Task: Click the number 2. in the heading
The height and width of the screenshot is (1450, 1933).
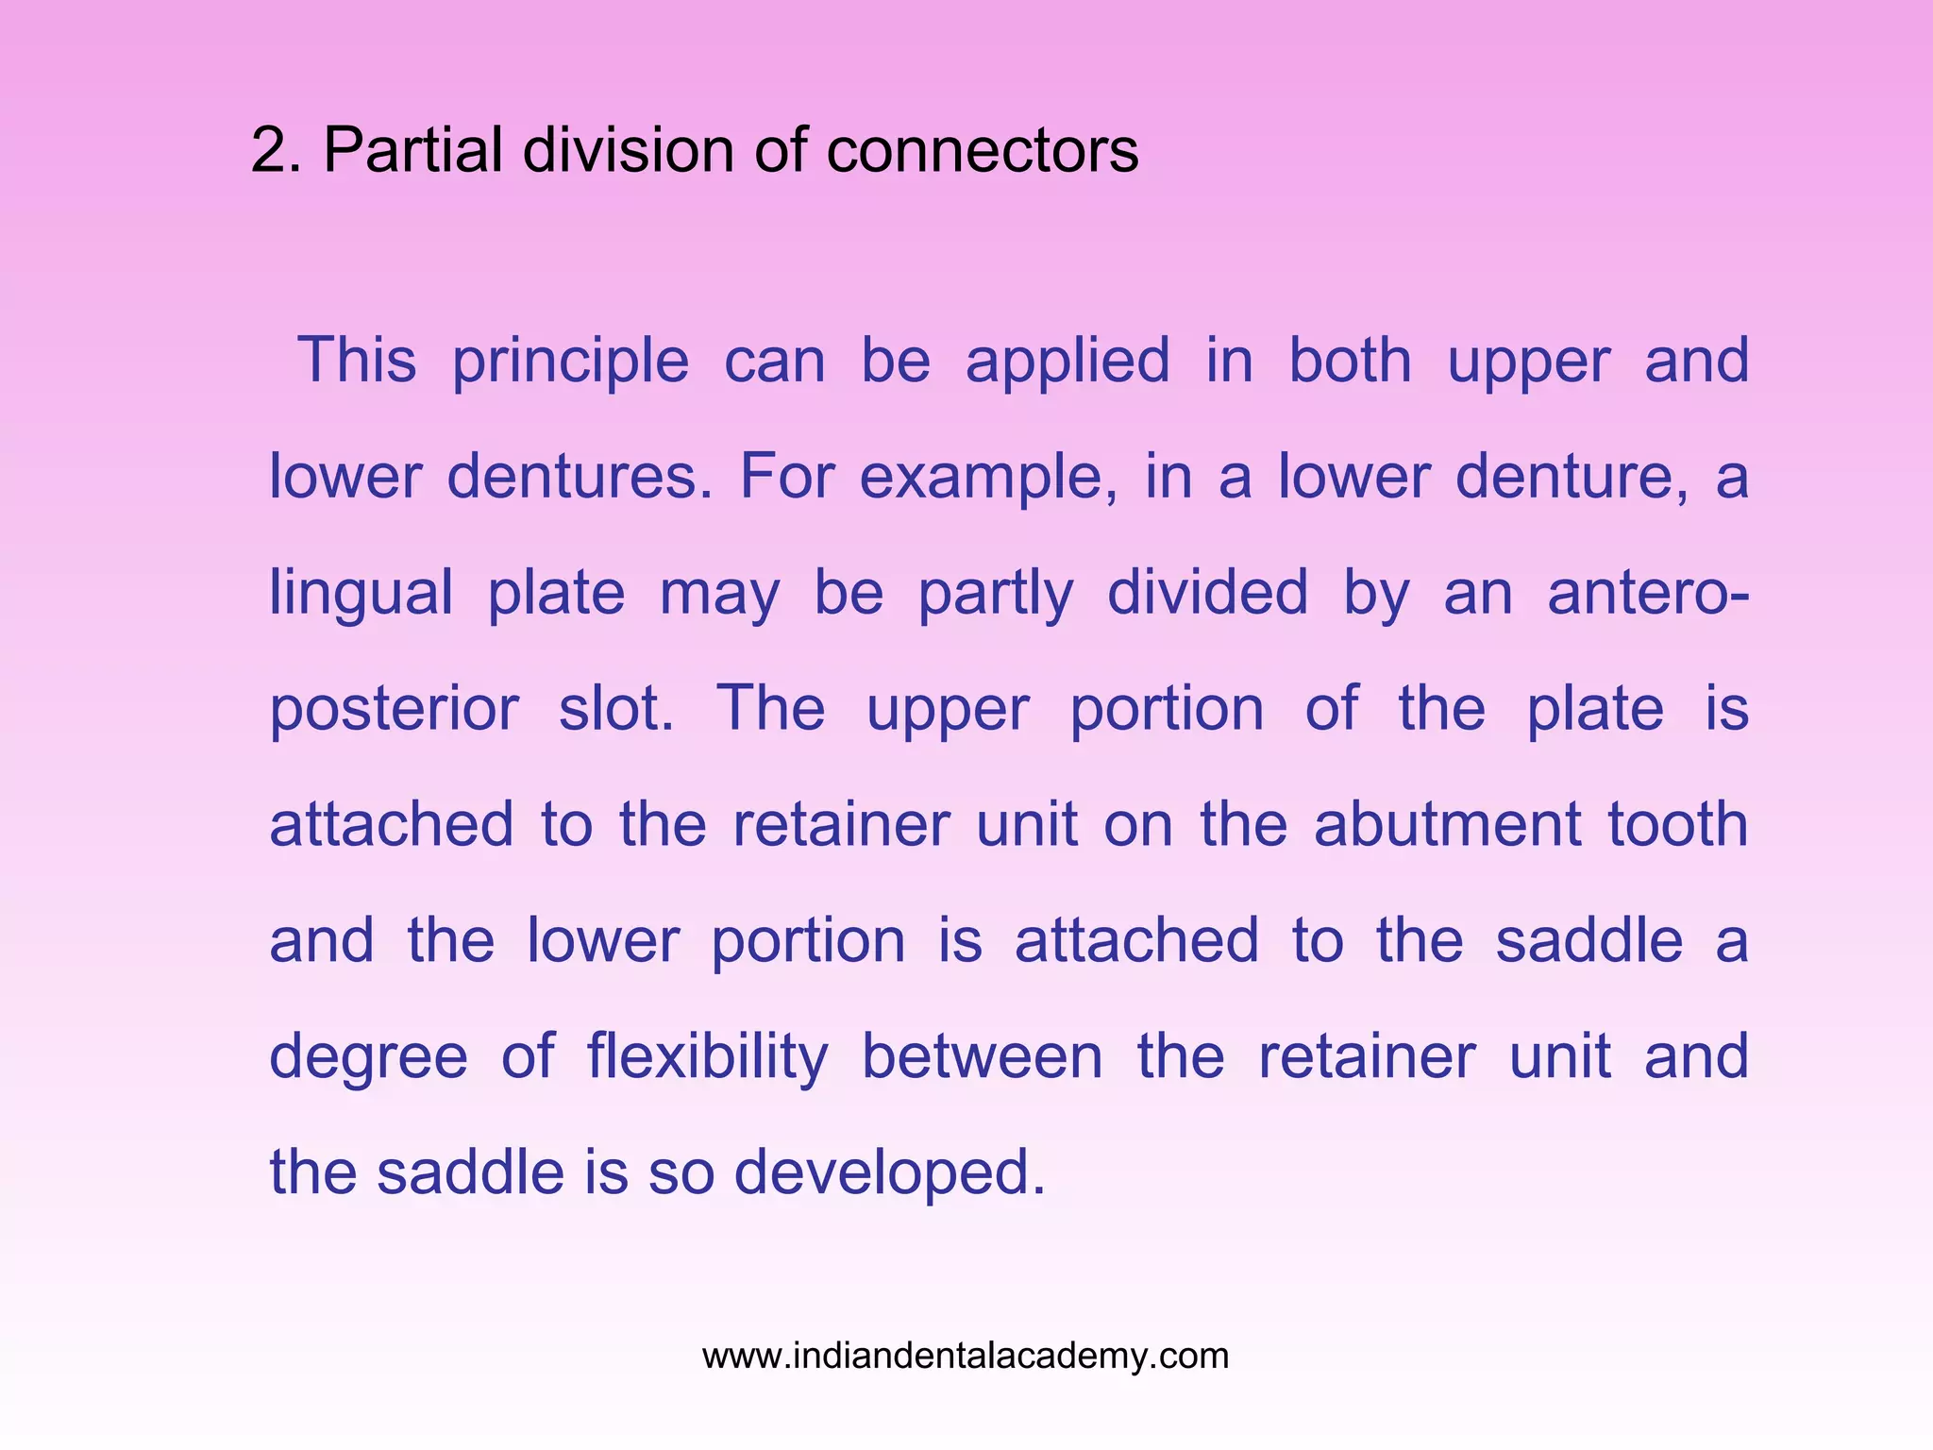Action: (x=276, y=151)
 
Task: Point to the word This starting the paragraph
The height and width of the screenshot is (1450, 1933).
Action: (x=357, y=361)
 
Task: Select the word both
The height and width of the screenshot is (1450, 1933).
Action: (x=1350, y=361)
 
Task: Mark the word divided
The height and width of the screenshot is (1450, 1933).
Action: (x=1207, y=593)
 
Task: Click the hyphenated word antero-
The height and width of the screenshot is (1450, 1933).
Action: (x=1647, y=595)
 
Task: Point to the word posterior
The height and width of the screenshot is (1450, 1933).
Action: (x=394, y=711)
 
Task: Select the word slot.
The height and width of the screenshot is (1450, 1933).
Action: (x=616, y=709)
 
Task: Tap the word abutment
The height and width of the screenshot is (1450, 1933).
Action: (x=1447, y=825)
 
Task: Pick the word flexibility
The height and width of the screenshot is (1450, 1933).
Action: (x=707, y=1058)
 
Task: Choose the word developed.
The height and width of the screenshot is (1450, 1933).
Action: (x=890, y=1174)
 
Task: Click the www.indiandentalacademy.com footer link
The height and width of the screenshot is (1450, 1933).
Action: (x=966, y=1357)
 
